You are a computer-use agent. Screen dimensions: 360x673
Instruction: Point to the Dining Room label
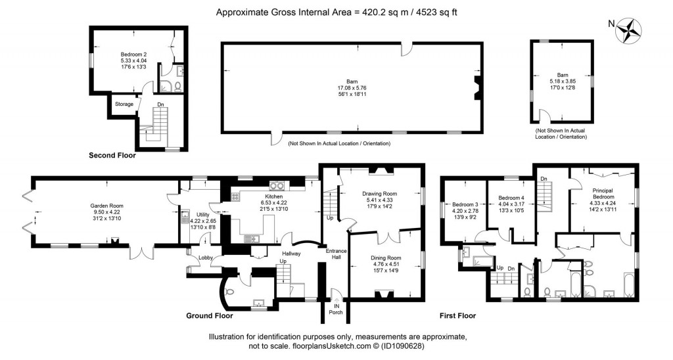(385, 258)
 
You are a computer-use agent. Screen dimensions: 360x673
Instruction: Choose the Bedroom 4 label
(511, 198)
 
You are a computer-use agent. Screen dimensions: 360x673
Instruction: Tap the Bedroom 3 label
(465, 205)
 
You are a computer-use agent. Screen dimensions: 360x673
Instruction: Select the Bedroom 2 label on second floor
(133, 54)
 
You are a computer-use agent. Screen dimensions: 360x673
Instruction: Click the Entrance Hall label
(336, 254)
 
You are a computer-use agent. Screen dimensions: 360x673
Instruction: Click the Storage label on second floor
(124, 104)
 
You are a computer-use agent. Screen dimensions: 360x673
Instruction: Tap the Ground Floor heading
(210, 316)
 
